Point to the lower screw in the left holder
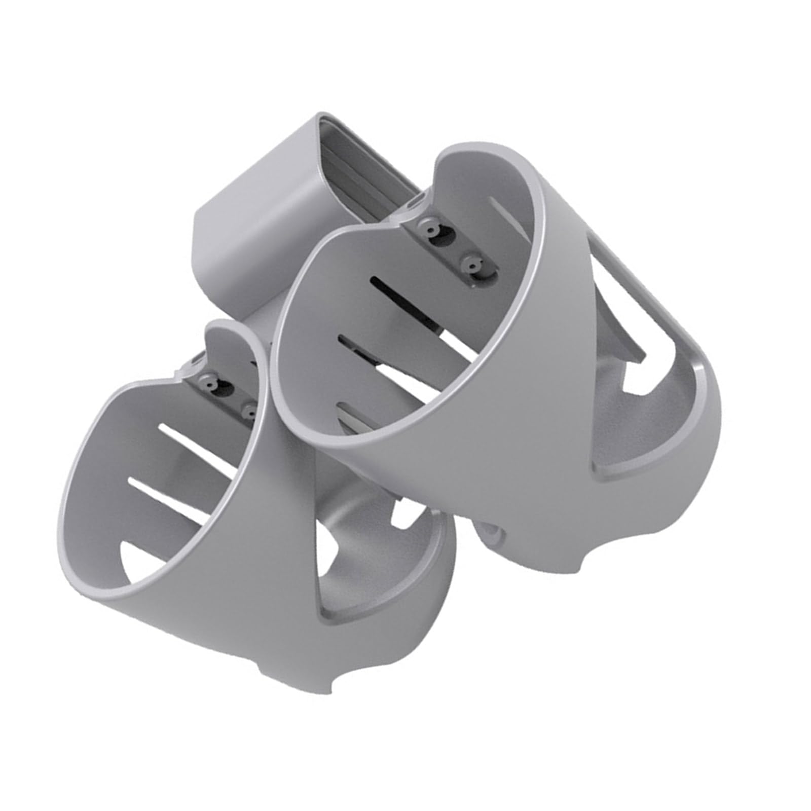click(249, 399)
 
